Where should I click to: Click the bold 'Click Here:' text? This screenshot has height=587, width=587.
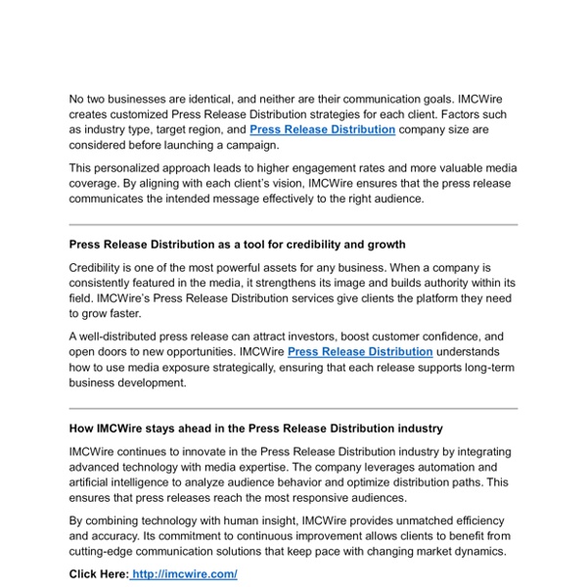click(x=99, y=574)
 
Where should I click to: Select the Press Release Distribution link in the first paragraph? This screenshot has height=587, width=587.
click(x=322, y=129)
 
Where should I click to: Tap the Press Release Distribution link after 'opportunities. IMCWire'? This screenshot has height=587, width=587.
click(x=360, y=351)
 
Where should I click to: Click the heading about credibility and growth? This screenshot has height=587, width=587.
click(x=237, y=244)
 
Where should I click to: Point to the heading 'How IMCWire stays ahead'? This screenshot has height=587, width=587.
click(x=255, y=429)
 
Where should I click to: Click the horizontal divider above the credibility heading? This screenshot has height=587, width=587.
click(x=293, y=224)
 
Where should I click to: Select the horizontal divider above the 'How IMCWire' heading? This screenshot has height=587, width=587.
click(x=293, y=408)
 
